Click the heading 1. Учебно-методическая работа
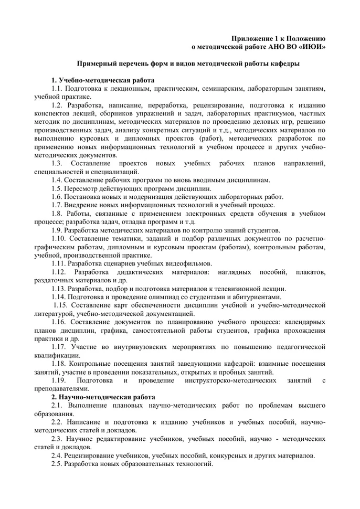click(x=103, y=80)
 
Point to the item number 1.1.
click(x=58, y=89)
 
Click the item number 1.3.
click(x=58, y=164)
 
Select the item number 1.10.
click(x=59, y=239)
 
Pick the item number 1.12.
click(x=59, y=272)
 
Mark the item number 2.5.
click(x=58, y=464)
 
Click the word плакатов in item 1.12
click(x=311, y=272)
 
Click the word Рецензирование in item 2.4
click(x=91, y=456)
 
